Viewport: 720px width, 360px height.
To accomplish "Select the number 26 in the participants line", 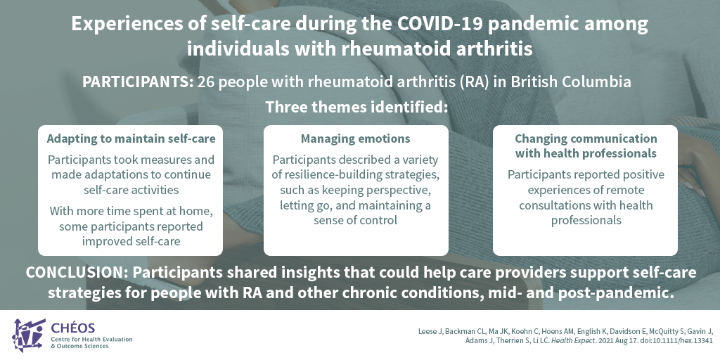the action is point(205,82).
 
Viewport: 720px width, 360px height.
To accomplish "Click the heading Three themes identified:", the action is point(356,108).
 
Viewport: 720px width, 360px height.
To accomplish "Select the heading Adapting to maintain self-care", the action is point(131,139).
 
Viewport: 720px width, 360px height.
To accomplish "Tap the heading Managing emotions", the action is point(355,139).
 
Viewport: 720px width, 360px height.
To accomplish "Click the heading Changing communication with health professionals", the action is point(586,146).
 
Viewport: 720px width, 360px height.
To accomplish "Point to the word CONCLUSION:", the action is point(77,272).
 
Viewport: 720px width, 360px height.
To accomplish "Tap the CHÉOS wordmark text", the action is point(73,328).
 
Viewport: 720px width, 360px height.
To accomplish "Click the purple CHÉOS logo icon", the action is point(29,335).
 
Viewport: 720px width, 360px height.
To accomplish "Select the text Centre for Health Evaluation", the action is point(92,340).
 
